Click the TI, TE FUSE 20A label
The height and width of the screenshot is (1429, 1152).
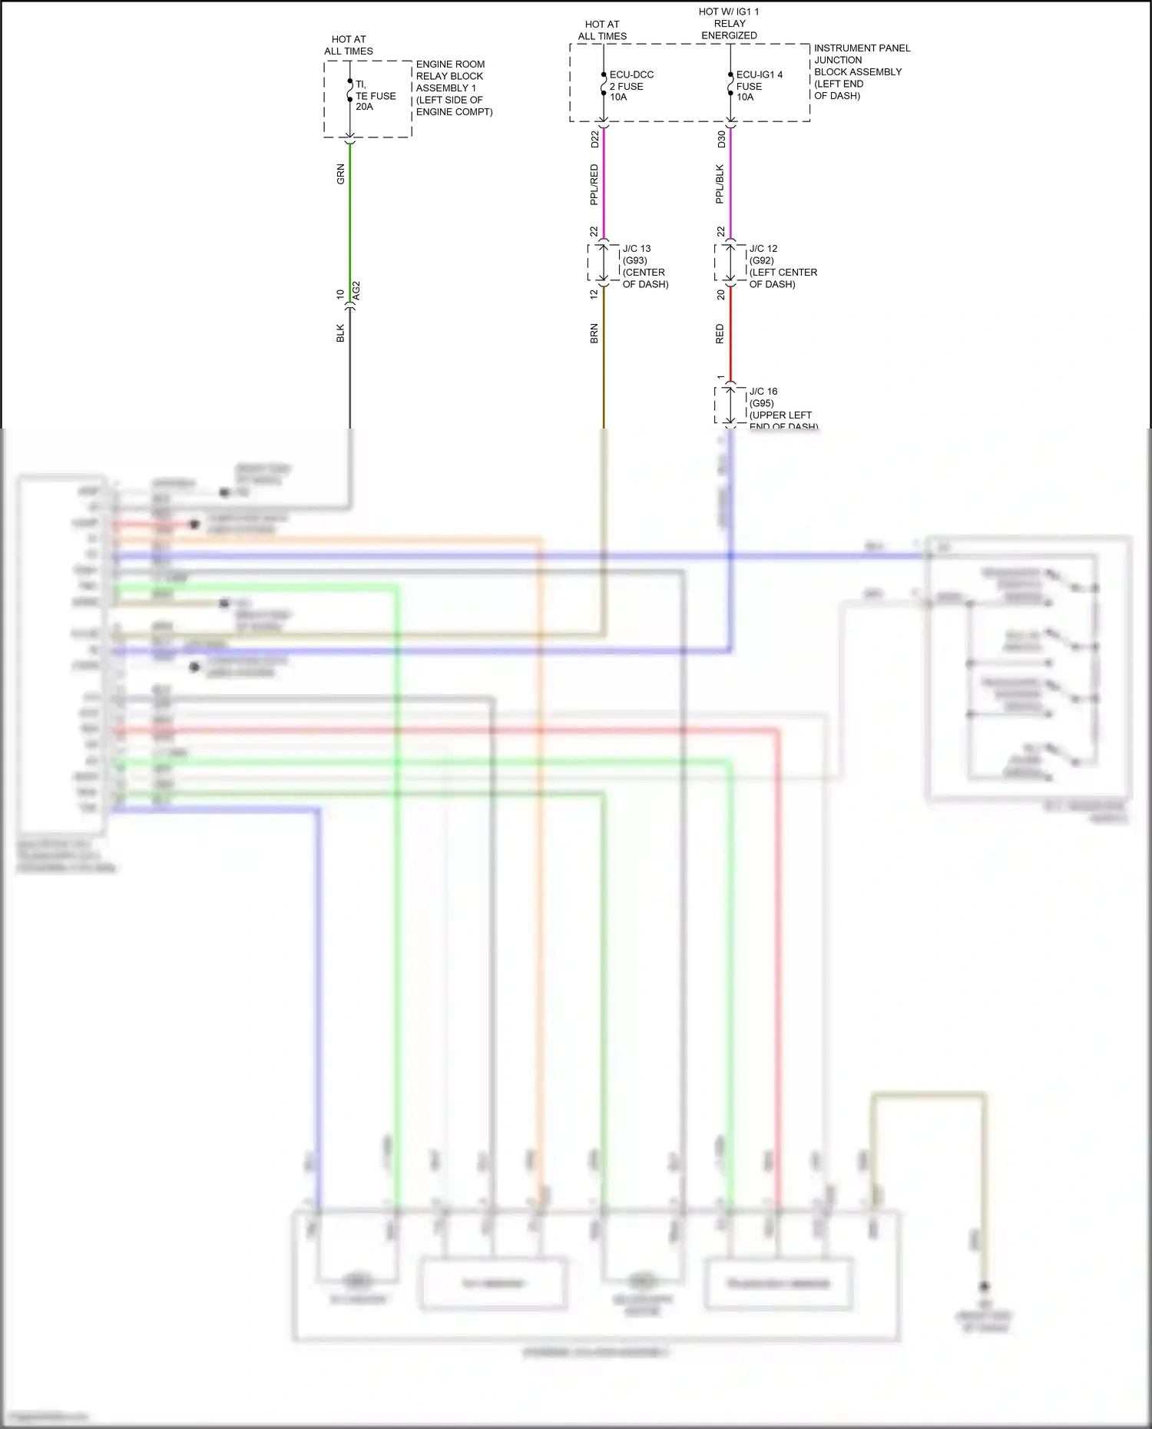[x=375, y=96]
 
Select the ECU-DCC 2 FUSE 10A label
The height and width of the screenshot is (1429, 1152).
[x=631, y=86]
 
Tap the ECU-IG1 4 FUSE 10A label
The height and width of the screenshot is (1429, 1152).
[x=759, y=86]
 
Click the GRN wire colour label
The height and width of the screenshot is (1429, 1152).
[x=340, y=174]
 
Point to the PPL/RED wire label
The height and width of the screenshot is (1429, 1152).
[x=594, y=184]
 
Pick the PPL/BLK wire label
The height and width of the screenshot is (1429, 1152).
[x=720, y=184]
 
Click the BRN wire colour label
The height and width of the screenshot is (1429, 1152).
[x=594, y=333]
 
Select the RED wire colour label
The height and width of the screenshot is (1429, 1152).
[x=720, y=333]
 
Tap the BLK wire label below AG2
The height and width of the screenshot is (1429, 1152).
[x=340, y=333]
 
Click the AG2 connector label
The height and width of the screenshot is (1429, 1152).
[x=356, y=291]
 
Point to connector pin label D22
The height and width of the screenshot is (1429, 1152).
[x=594, y=139]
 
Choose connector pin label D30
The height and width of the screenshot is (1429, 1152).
[x=721, y=139]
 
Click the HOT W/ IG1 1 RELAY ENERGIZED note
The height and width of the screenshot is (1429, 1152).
[x=729, y=24]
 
